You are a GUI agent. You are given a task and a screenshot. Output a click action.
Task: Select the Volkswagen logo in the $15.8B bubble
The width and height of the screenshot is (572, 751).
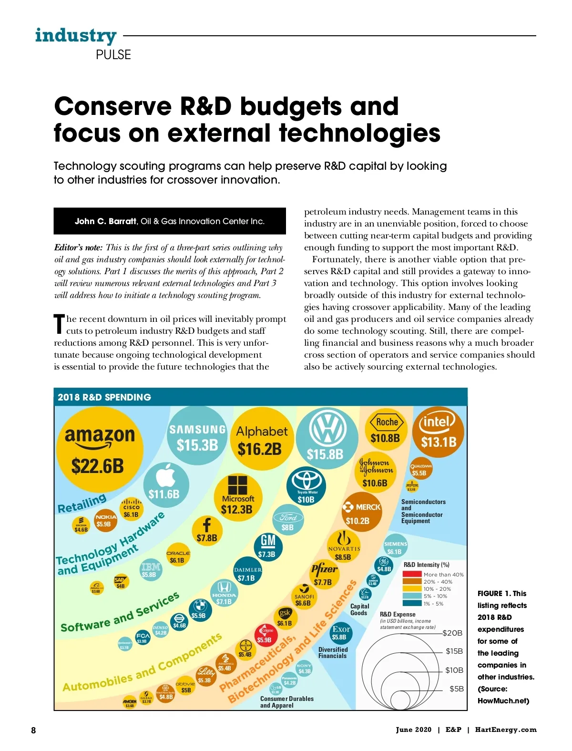pos(327,429)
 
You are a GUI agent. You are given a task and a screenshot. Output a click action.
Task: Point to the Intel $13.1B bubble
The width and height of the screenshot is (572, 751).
pos(438,432)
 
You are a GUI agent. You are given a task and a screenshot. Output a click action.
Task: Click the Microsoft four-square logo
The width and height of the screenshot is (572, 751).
pos(237,485)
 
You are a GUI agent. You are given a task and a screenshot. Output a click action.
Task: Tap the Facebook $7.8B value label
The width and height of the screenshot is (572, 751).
pos(207,538)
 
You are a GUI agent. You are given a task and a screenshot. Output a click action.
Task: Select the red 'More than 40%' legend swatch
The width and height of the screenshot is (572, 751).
pos(412,575)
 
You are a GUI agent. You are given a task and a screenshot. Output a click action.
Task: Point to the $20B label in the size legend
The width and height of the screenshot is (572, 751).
pos(452,633)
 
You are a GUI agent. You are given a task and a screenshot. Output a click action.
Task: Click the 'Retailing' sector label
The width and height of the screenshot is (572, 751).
pos(82,504)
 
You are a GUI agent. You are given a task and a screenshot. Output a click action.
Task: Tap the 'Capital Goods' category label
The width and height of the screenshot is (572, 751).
pos(359,609)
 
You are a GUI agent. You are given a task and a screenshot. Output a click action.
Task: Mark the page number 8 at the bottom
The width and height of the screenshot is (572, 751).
pos(33,730)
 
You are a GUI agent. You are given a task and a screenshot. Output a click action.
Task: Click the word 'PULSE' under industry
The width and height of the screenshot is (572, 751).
pos(113,55)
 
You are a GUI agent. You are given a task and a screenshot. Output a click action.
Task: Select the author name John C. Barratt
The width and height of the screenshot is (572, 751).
pos(105,221)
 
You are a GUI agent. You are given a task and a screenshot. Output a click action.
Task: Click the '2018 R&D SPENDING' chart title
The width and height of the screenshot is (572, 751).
pos(104,397)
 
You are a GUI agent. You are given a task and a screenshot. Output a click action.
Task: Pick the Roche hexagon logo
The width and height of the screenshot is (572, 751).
pos(387,422)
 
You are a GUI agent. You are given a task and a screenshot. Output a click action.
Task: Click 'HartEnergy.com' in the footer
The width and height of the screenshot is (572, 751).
pos(505,730)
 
